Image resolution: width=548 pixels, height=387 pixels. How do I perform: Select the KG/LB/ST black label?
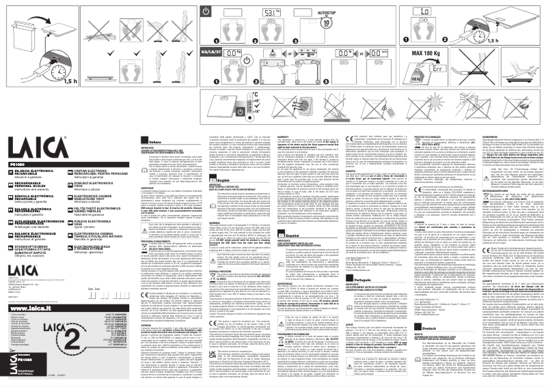coord(213,52)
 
